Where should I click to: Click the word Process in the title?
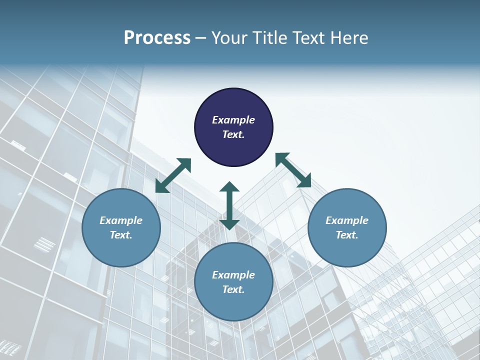pos(157,38)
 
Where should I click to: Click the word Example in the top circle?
pos(233,120)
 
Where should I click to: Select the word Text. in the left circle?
pos(121,235)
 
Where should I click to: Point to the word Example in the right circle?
pos(347,220)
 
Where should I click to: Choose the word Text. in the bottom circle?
pos(233,289)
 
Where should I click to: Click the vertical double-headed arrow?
pos(229,205)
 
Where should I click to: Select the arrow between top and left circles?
pos(173,175)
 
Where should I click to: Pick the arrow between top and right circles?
pos(293,170)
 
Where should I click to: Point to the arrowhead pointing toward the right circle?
pos(304,181)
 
